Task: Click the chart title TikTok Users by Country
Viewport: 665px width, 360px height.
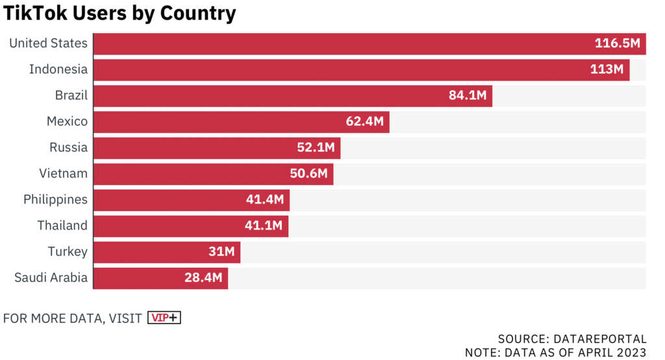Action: (x=120, y=13)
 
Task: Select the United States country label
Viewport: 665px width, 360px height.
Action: (x=48, y=44)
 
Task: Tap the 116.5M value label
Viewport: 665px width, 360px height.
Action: (x=617, y=44)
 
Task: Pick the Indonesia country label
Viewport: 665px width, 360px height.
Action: (x=58, y=70)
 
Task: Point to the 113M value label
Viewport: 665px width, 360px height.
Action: (x=607, y=70)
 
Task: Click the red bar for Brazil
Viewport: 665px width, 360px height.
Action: (x=260, y=96)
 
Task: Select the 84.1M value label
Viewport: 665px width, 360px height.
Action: (x=467, y=96)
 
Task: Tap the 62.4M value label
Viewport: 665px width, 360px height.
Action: (x=364, y=122)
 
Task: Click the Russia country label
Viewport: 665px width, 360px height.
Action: (x=68, y=148)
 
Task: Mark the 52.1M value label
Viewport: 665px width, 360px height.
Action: (x=316, y=148)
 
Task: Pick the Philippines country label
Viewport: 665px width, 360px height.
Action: (x=55, y=199)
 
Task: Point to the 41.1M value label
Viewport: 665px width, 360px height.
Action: (x=264, y=225)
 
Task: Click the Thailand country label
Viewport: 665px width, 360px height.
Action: (x=62, y=225)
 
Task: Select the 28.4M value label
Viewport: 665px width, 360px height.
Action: (x=203, y=277)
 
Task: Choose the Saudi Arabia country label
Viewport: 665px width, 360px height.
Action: (x=51, y=277)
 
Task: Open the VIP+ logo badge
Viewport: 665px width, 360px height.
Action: (x=164, y=318)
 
